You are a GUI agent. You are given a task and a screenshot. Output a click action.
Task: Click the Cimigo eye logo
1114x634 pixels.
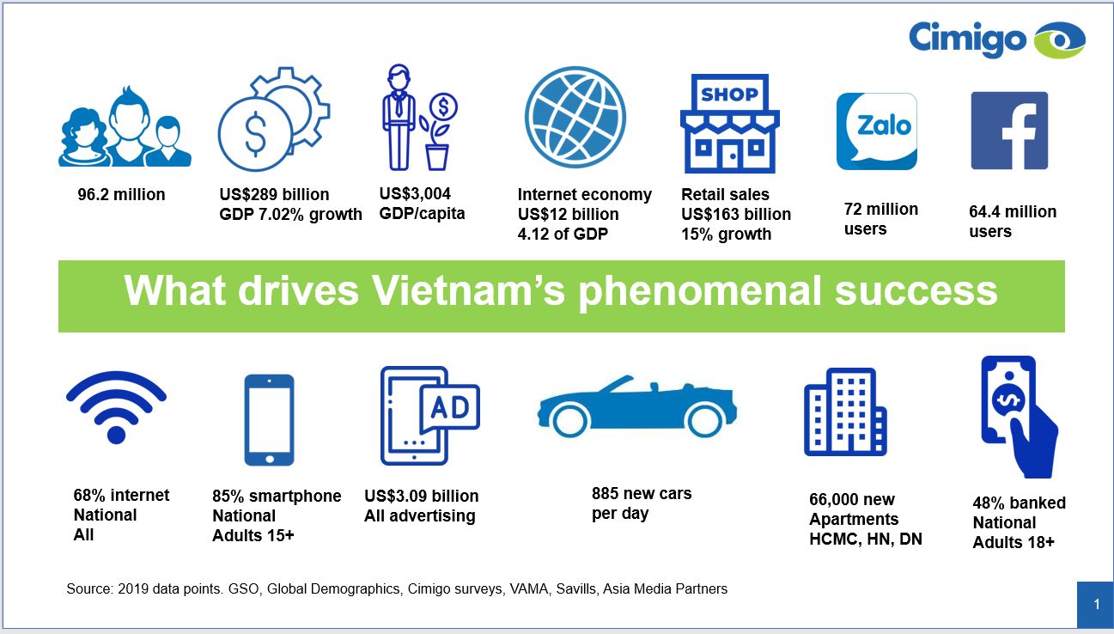(1059, 40)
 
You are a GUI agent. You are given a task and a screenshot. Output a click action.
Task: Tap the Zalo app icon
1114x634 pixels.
(877, 131)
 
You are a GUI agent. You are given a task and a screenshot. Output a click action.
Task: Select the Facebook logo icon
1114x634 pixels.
(1009, 131)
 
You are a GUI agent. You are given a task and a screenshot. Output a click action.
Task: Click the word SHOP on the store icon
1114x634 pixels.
(729, 94)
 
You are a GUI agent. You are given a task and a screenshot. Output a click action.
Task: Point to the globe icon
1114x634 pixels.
(575, 118)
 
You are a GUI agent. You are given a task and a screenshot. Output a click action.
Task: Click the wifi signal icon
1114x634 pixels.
(116, 406)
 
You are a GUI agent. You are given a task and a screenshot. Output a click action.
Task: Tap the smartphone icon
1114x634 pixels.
(269, 420)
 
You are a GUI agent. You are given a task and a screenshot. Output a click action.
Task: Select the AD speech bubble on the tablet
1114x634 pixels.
(450, 408)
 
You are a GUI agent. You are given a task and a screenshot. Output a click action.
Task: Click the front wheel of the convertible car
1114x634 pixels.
(704, 420)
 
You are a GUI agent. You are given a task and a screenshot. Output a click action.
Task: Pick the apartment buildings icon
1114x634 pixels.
(845, 411)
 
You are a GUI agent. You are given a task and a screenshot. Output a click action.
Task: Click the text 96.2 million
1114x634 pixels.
(121, 194)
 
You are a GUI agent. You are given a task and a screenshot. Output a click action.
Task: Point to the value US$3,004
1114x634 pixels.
(415, 193)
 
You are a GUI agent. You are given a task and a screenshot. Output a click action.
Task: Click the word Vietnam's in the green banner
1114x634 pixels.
(468, 291)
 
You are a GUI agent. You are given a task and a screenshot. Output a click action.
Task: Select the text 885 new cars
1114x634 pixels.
(642, 493)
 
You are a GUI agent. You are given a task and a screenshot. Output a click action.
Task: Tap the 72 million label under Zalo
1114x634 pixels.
(880, 210)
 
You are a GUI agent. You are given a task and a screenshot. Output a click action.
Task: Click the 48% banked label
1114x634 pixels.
(1019, 503)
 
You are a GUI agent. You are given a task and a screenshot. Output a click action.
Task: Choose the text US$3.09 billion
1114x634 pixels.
(421, 496)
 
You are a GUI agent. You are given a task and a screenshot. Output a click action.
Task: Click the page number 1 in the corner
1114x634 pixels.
(1097, 604)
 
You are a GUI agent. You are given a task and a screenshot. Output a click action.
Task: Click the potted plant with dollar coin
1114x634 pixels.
(438, 131)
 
